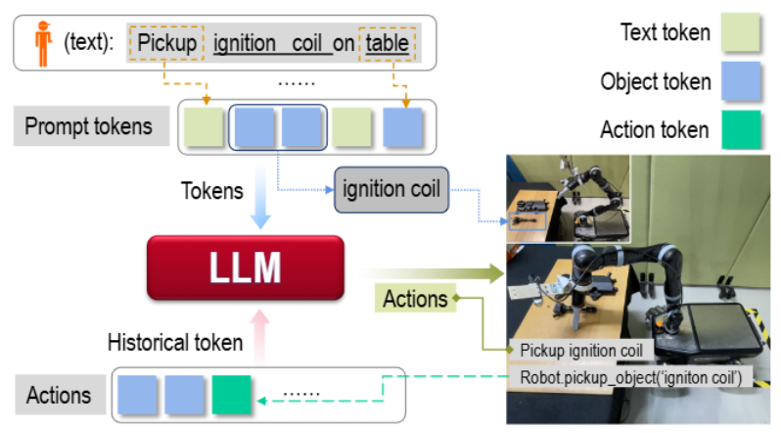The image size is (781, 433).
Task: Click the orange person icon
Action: click(x=41, y=44)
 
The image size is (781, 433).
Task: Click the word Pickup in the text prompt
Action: click(x=166, y=43)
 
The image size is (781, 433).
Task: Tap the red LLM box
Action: click(x=245, y=265)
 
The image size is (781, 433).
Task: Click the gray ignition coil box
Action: click(x=390, y=184)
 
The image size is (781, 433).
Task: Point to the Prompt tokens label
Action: click(x=89, y=126)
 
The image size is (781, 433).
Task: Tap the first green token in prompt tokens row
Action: click(x=203, y=127)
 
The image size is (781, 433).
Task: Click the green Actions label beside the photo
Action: click(x=416, y=298)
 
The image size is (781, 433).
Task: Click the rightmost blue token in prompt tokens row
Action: click(x=402, y=127)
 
